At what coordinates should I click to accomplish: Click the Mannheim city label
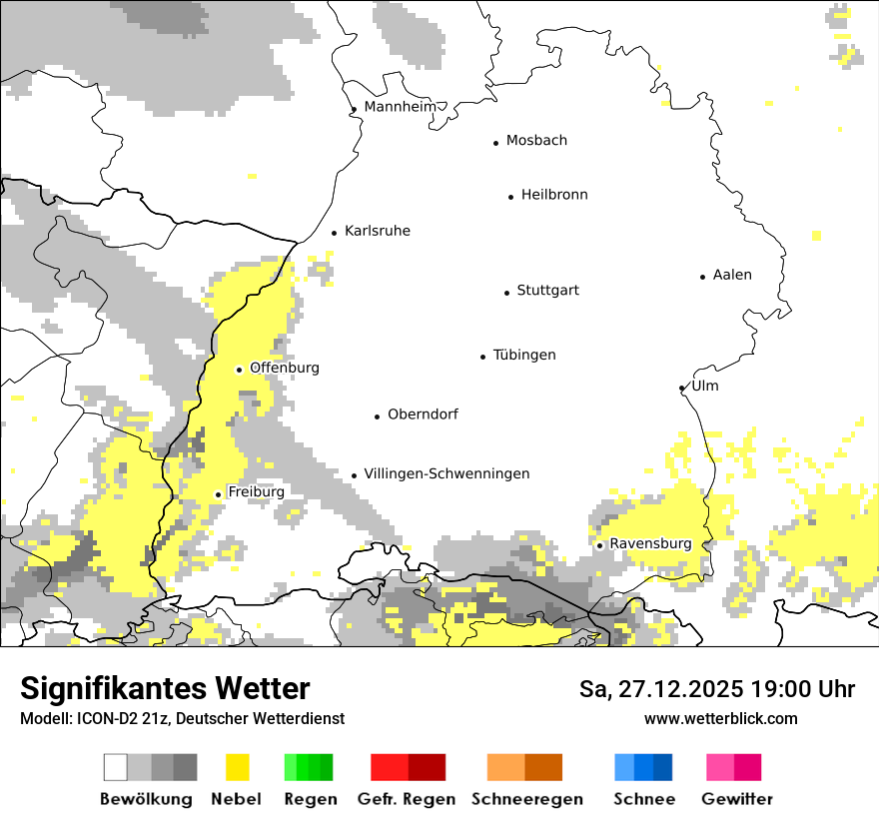click(x=400, y=107)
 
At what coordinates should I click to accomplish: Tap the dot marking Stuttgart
click(x=506, y=293)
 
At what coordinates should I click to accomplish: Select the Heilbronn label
click(x=554, y=195)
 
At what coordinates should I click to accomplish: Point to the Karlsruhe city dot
click(x=334, y=234)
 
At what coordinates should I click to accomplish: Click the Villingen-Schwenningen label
click(x=446, y=473)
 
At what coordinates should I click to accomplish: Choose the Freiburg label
click(x=256, y=492)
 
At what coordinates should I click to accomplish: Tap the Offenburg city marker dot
click(x=239, y=370)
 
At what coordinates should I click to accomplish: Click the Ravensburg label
click(x=650, y=543)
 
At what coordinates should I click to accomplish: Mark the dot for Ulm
click(x=681, y=389)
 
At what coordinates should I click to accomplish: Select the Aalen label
click(x=732, y=275)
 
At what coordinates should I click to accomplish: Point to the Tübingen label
click(x=524, y=355)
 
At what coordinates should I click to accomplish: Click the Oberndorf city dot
click(x=377, y=416)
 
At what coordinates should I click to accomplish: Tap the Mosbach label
click(x=536, y=141)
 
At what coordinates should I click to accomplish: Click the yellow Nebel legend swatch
click(x=238, y=767)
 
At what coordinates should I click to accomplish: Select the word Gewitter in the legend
click(x=737, y=799)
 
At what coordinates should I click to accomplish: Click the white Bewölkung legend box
click(x=116, y=767)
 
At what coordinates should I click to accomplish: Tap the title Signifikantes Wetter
click(x=165, y=688)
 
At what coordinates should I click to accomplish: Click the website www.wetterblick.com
click(x=720, y=718)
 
